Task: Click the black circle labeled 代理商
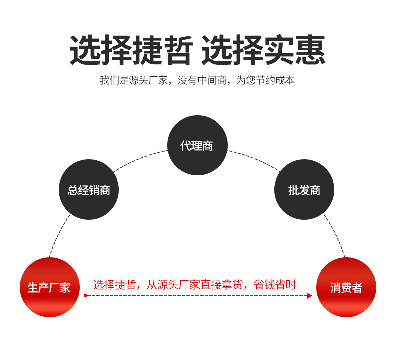click(x=197, y=145)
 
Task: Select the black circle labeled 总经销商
click(x=89, y=190)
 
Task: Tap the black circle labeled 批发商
click(x=304, y=190)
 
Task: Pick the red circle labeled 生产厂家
click(x=49, y=287)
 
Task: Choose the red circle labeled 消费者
click(x=346, y=287)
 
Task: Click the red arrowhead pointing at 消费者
click(x=309, y=296)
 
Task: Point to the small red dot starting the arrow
click(x=85, y=296)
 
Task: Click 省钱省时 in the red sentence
click(x=275, y=285)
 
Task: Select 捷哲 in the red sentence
click(x=125, y=285)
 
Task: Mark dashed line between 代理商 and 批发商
click(x=253, y=158)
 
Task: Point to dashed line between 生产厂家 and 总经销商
click(x=59, y=236)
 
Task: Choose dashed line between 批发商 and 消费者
click(x=335, y=235)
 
